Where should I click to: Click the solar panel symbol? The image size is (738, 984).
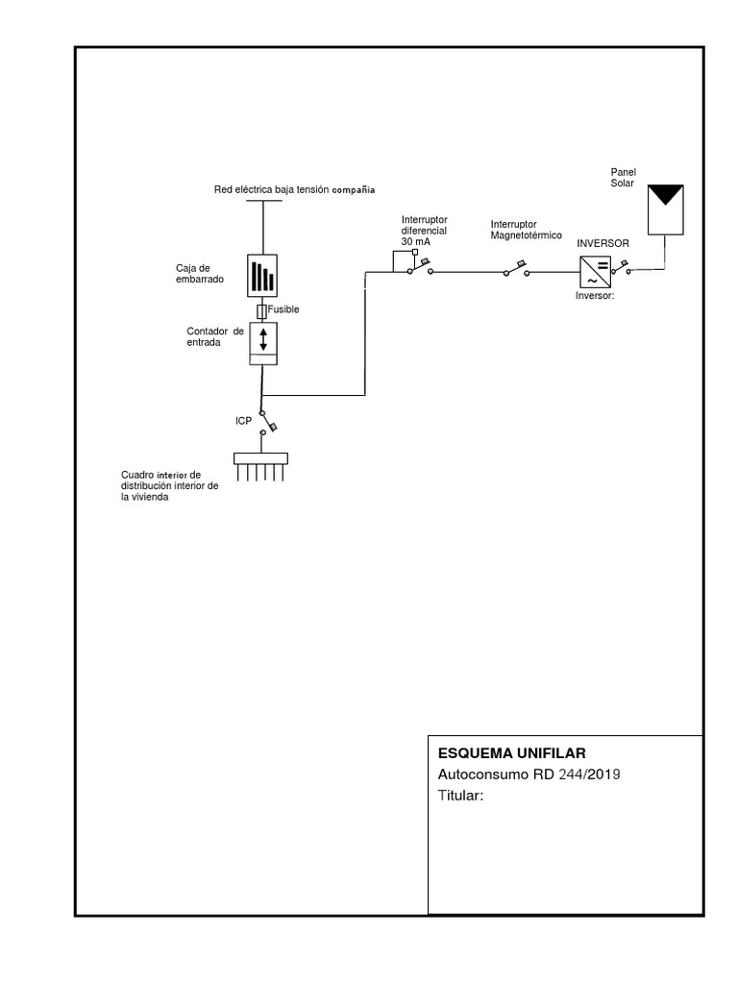pyautogui.click(x=664, y=209)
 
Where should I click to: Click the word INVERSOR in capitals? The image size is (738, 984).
pyautogui.click(x=603, y=244)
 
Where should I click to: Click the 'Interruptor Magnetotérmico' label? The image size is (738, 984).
pyautogui.click(x=526, y=229)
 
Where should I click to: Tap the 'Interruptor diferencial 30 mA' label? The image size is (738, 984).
pyautogui.click(x=424, y=231)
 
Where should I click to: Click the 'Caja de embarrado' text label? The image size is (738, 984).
pyautogui.click(x=199, y=272)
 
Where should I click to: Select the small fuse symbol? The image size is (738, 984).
pyautogui.click(x=262, y=311)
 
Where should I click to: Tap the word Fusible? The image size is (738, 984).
pyautogui.click(x=283, y=310)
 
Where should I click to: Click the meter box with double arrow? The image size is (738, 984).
pyautogui.click(x=263, y=343)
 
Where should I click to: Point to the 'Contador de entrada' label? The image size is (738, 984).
pyautogui.click(x=216, y=336)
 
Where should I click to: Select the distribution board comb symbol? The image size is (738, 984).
pyautogui.click(x=261, y=465)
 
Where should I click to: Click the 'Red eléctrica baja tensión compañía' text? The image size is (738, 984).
pyautogui.click(x=294, y=190)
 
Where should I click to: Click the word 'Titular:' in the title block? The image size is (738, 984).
pyautogui.click(x=461, y=796)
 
